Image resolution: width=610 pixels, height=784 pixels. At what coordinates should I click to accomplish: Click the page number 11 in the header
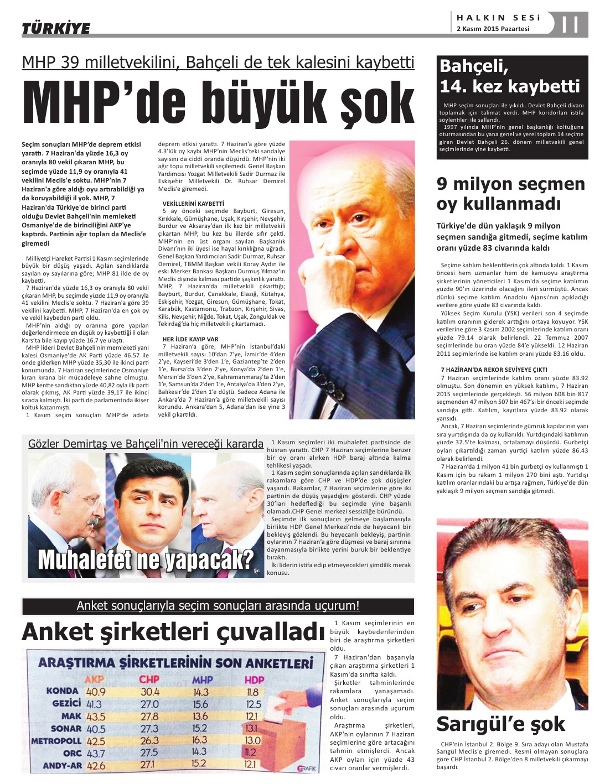[x=570, y=24]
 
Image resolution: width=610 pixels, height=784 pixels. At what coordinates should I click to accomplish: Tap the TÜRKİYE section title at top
[x=56, y=28]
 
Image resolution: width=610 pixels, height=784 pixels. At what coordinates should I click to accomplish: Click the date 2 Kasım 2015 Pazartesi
[x=493, y=29]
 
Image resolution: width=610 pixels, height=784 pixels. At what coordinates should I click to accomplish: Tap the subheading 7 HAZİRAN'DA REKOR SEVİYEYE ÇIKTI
[x=494, y=369]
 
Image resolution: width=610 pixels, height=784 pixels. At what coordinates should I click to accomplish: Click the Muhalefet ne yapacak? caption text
[x=146, y=559]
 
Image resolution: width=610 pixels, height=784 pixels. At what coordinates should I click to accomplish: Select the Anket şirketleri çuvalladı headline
[x=173, y=631]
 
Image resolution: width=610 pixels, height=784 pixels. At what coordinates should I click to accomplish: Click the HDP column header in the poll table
[x=254, y=679]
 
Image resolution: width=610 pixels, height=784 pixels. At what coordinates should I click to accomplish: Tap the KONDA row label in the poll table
[x=63, y=691]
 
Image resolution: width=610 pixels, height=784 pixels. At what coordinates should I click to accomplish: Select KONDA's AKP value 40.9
[x=96, y=692]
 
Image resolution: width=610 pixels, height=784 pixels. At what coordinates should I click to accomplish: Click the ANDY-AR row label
[x=62, y=766]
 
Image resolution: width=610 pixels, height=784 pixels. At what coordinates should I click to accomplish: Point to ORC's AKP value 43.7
[x=96, y=753]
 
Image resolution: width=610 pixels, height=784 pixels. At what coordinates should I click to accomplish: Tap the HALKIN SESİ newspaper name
[x=498, y=18]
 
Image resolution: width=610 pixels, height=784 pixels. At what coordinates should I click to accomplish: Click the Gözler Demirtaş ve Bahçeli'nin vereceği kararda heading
[x=146, y=444]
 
